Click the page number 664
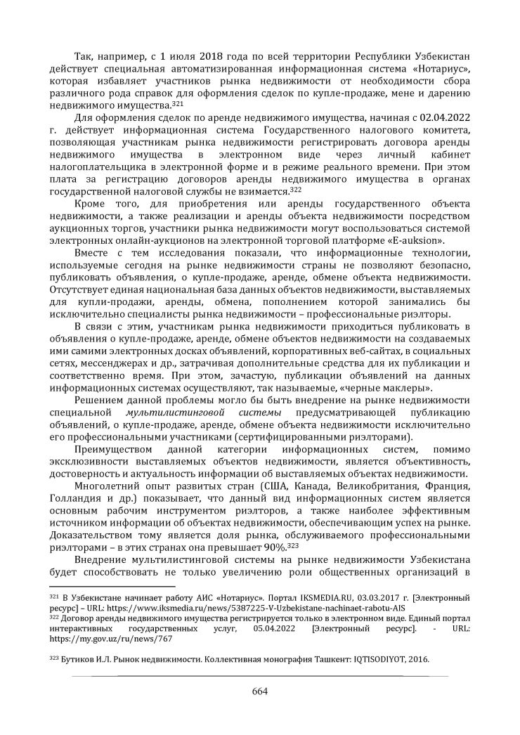coord(260,689)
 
